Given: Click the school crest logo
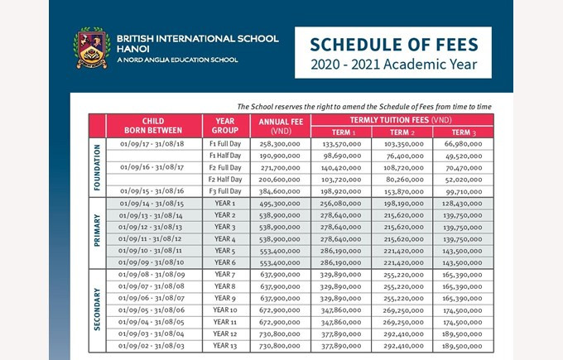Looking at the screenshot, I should (92, 48).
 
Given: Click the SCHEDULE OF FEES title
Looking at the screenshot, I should (392, 44).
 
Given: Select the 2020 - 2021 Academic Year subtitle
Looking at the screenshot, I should (392, 64).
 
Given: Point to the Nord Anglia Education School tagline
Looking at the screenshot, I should (177, 60).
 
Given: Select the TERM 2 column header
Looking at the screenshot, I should (402, 132).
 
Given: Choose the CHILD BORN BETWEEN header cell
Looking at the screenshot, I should (152, 126).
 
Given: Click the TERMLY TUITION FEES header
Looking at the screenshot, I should (402, 120).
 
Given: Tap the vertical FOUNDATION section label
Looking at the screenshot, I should (97, 168).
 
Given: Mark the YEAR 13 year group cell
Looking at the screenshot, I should (224, 346).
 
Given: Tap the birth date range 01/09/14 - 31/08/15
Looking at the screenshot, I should (152, 203).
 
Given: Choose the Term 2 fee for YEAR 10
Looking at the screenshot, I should (402, 310).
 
